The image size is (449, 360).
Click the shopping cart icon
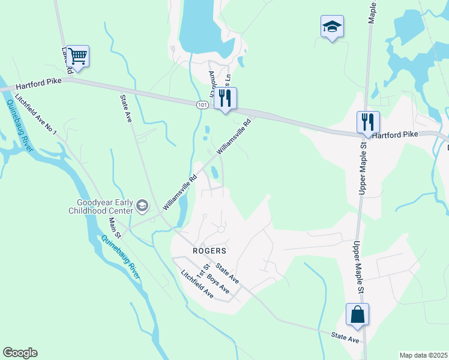coord(77,56)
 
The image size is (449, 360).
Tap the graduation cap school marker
coord(332,27)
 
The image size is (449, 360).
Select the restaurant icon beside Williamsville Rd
coord(225,98)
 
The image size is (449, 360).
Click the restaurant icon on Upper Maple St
coord(368,122)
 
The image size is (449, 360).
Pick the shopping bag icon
coord(357,314)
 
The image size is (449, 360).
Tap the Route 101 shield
coord(202,105)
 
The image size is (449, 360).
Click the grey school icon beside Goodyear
coord(142,206)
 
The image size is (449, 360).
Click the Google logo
coord(20,353)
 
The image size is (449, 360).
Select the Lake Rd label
coord(66,60)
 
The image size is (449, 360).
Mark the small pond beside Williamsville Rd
coord(214,172)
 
